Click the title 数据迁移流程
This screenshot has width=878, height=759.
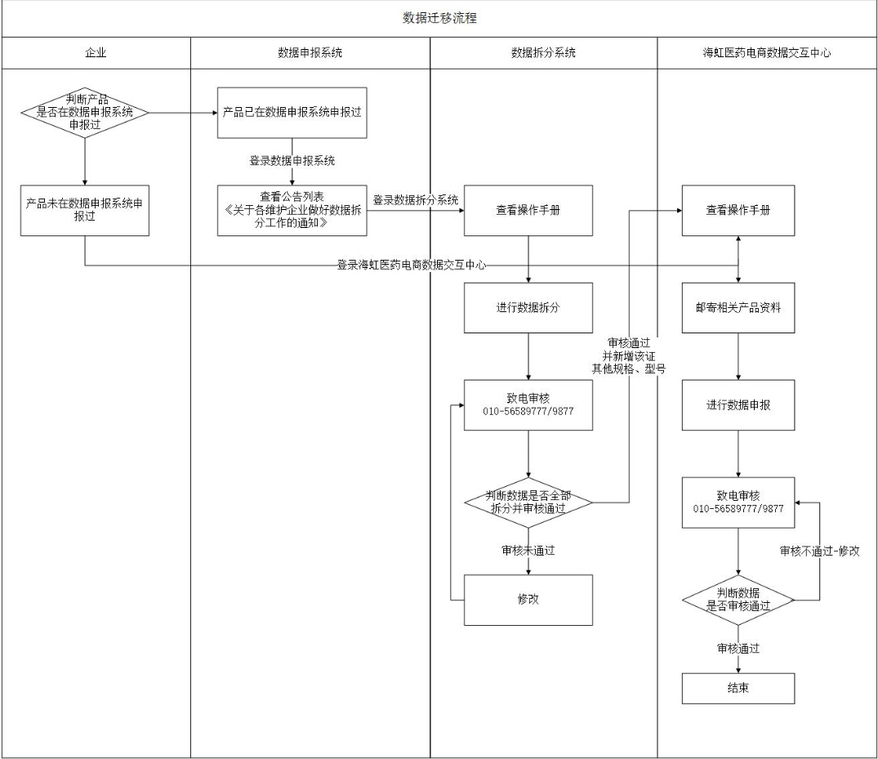(x=439, y=18)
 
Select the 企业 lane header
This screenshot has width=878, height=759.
(x=96, y=53)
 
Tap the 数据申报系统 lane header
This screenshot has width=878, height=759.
(x=310, y=53)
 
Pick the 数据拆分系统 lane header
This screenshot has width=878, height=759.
(x=543, y=53)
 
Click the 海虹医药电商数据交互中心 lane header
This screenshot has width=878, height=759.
(x=767, y=53)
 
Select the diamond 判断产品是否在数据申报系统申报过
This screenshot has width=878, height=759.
(x=85, y=113)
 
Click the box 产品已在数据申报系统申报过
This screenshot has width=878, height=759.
(x=292, y=113)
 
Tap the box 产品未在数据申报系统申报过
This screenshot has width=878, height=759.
(x=85, y=211)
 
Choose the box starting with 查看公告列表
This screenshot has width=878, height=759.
(x=292, y=211)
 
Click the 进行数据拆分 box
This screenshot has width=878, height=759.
(x=528, y=308)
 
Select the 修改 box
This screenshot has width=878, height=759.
(x=528, y=600)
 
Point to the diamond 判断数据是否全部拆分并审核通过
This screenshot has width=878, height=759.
(x=528, y=502)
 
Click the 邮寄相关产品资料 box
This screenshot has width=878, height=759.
(x=738, y=308)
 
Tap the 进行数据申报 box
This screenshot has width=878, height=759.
(x=738, y=405)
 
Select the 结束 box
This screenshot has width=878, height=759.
(x=738, y=688)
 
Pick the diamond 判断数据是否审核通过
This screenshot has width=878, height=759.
(x=738, y=600)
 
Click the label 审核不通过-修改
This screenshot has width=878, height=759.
(x=819, y=551)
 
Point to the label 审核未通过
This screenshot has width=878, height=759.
(x=528, y=551)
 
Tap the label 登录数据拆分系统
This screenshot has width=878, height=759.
(x=416, y=200)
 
